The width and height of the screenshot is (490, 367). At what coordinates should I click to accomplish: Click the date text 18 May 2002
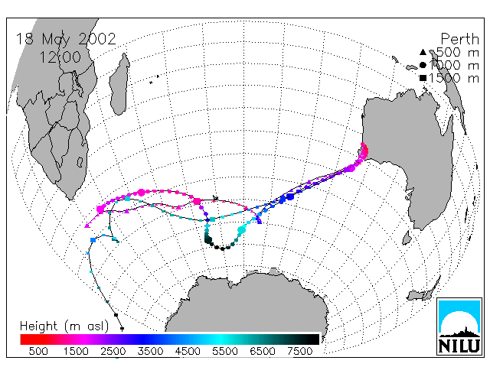pyautogui.click(x=66, y=40)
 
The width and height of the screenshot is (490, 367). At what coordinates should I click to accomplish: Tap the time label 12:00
pyautogui.click(x=60, y=57)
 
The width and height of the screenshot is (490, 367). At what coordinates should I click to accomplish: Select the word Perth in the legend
pyautogui.click(x=459, y=39)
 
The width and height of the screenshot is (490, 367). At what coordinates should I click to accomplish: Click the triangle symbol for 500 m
pyautogui.click(x=423, y=52)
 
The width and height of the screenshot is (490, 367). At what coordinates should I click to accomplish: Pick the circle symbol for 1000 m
pyautogui.click(x=423, y=65)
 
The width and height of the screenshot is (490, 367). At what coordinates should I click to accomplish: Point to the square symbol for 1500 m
pyautogui.click(x=423, y=78)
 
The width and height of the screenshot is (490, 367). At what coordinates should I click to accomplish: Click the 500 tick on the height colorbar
pyautogui.click(x=38, y=352)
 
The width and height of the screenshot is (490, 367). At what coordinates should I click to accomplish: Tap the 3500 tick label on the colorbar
pyautogui.click(x=150, y=352)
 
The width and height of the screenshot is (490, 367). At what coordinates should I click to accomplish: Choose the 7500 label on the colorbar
pyautogui.click(x=299, y=352)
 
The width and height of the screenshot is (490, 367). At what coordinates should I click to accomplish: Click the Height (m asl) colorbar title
pyautogui.click(x=64, y=326)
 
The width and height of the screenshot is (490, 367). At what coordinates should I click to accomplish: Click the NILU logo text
pyautogui.click(x=459, y=346)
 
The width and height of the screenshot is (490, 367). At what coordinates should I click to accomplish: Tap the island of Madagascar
pyautogui.click(x=119, y=83)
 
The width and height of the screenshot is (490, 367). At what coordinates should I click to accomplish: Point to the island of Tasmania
pyautogui.click(x=407, y=238)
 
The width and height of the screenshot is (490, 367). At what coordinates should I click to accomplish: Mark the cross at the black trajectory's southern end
pyautogui.click(x=122, y=329)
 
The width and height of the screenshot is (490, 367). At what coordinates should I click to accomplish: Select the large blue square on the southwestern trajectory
pyautogui.click(x=93, y=240)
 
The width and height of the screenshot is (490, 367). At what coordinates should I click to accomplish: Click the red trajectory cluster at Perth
pyautogui.click(x=364, y=150)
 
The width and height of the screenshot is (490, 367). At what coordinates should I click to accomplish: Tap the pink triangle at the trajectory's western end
pyautogui.click(x=87, y=226)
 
